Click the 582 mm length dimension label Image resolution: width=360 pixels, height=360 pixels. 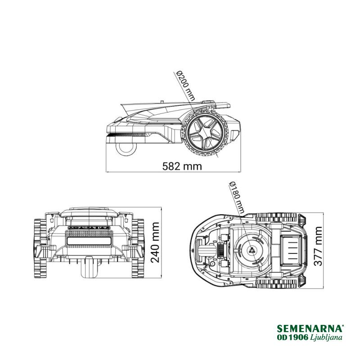182,166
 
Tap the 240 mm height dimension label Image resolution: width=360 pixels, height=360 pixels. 155,243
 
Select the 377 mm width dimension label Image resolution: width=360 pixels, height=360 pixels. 318,246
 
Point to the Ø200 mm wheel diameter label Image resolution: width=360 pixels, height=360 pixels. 185,86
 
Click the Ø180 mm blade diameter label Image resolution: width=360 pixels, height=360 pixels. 237,198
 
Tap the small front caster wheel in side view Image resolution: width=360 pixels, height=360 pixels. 125,149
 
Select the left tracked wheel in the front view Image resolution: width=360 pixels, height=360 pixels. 40,248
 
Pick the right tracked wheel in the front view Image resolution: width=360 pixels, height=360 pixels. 138,248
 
